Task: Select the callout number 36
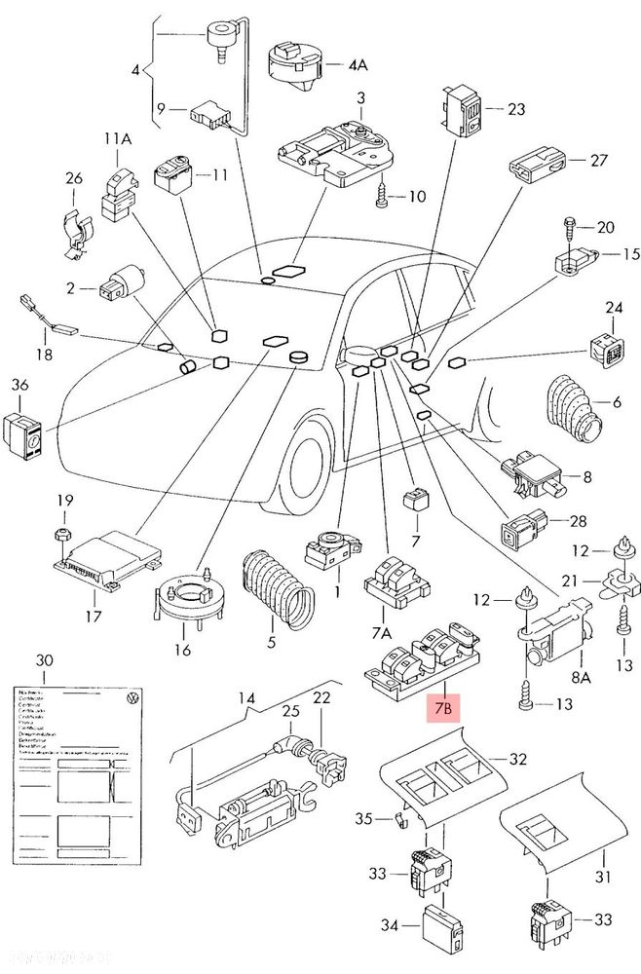pyautogui.click(x=19, y=386)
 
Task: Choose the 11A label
pyautogui.click(x=116, y=139)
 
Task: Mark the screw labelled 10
pyautogui.click(x=381, y=198)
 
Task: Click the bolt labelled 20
pyautogui.click(x=569, y=229)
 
